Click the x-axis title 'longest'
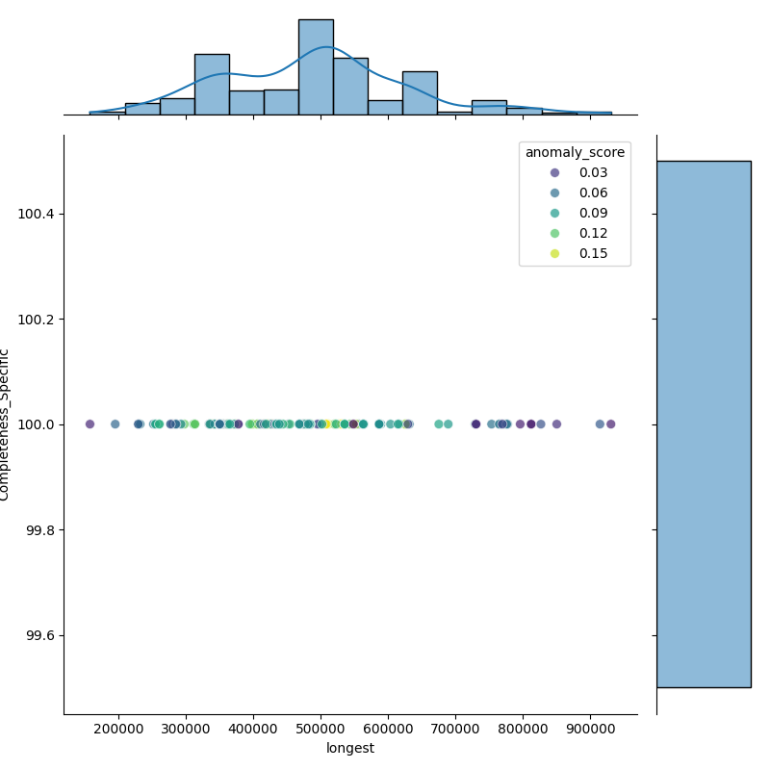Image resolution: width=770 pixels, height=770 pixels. click(350, 748)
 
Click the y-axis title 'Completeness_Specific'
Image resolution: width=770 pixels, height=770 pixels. click(6, 424)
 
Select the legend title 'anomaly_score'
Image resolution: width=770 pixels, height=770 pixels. click(575, 152)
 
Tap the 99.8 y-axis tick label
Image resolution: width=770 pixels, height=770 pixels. click(38, 530)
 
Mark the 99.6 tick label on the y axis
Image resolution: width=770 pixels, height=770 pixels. click(38, 636)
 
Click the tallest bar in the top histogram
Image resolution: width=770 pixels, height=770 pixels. click(316, 67)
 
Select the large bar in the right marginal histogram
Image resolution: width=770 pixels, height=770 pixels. click(703, 423)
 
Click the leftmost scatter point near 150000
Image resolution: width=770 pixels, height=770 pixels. click(90, 424)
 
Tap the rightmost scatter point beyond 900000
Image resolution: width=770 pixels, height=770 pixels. click(610, 424)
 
